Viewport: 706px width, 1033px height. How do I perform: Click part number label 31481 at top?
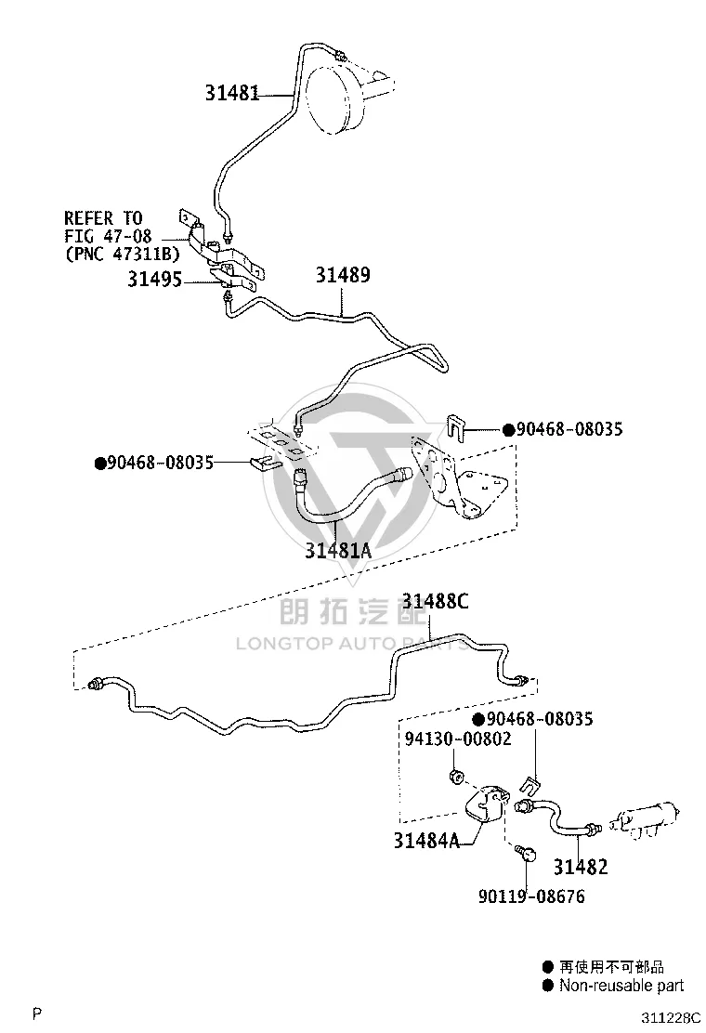(232, 93)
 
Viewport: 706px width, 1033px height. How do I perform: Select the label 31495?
(155, 280)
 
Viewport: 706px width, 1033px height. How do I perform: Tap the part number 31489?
(343, 275)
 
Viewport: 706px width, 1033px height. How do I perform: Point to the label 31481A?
(338, 550)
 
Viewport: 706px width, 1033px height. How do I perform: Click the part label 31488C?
(436, 601)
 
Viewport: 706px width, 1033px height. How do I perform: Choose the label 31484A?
(426, 841)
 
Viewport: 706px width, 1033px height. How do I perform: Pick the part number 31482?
(581, 867)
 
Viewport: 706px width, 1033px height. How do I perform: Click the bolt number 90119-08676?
(531, 896)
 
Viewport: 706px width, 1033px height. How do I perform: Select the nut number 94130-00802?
(458, 739)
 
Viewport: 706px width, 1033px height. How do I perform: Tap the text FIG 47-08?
(108, 236)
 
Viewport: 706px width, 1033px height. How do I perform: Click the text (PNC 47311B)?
(123, 254)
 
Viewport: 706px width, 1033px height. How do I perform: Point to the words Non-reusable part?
(621, 986)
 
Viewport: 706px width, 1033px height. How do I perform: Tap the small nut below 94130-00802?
(453, 776)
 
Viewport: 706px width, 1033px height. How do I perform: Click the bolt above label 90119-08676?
(526, 853)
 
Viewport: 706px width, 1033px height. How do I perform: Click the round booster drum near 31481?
(337, 99)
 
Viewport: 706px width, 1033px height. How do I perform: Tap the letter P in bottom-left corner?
(37, 1013)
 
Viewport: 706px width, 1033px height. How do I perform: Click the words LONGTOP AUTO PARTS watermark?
(352, 643)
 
